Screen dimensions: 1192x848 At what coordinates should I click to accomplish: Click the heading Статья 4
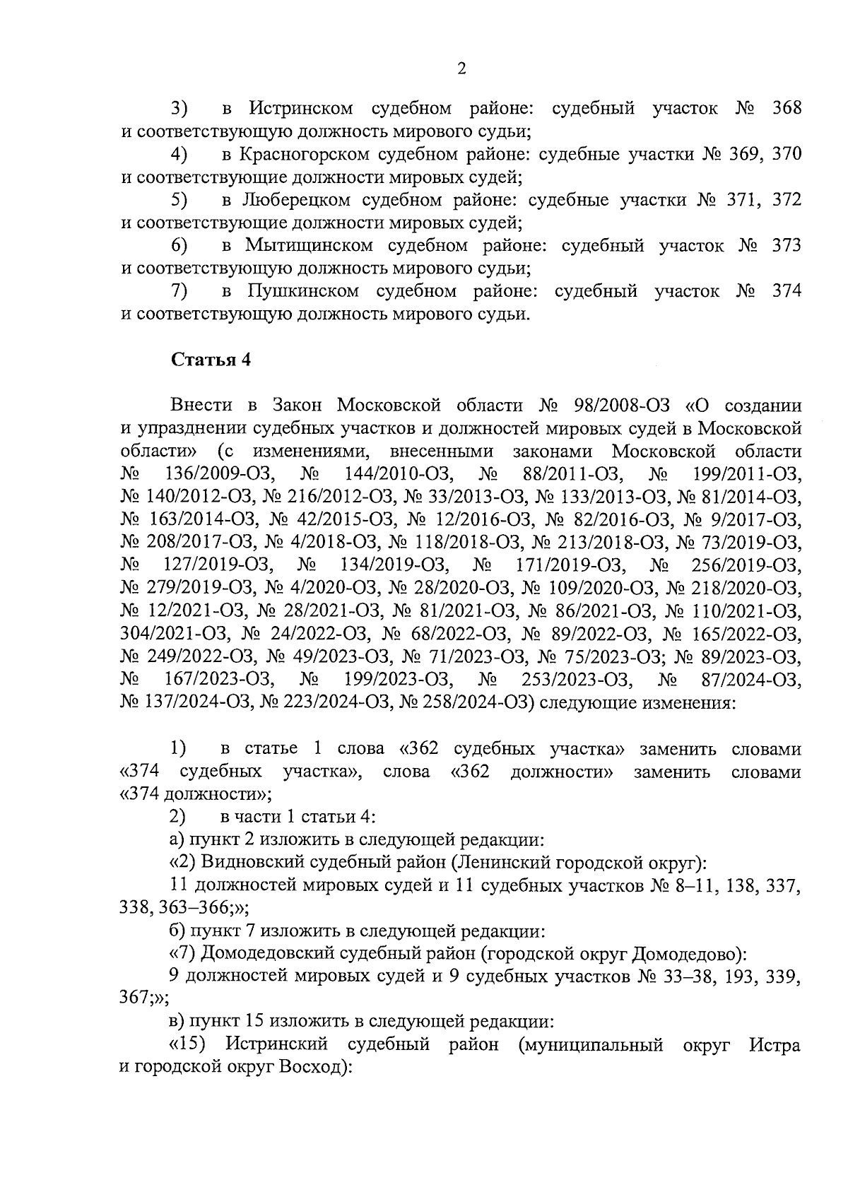(211, 359)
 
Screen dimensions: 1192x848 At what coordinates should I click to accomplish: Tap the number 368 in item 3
(787, 109)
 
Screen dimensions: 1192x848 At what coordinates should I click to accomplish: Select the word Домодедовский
(268, 953)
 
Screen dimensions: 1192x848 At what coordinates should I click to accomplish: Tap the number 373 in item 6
(787, 246)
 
